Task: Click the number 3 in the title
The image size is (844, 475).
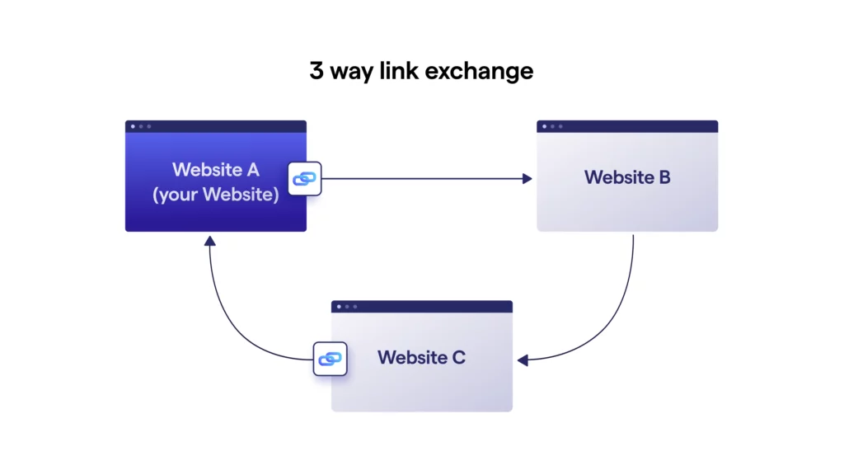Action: [x=316, y=71]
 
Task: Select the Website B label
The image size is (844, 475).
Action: [x=627, y=177]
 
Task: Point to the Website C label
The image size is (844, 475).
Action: [x=421, y=358]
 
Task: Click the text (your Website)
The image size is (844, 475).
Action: [x=216, y=195]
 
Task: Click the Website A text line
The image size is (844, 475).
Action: [x=216, y=170]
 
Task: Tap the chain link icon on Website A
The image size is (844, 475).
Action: [x=305, y=178]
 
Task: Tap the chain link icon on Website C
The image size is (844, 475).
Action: [x=331, y=359]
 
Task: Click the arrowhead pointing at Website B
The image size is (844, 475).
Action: [x=527, y=178]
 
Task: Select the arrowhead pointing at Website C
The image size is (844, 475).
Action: [x=523, y=360]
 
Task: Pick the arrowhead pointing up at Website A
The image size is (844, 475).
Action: [x=210, y=241]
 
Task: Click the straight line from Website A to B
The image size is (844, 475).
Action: [x=420, y=178]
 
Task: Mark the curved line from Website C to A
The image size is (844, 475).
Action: [x=235, y=330]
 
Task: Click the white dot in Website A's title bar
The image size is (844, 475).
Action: [x=134, y=126]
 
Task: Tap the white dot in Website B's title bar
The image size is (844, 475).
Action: [x=545, y=126]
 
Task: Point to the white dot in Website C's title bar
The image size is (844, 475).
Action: [x=339, y=307]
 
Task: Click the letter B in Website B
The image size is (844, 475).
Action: [x=664, y=177]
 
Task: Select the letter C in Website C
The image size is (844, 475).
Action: [x=458, y=358]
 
